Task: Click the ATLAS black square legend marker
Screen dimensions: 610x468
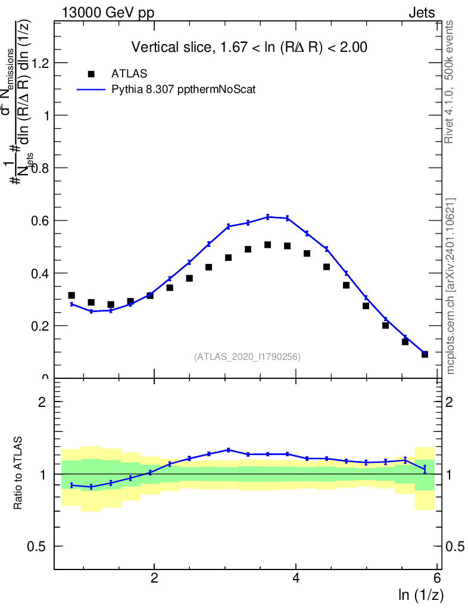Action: pos(91,74)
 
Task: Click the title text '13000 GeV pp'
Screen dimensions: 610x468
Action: pos(108,13)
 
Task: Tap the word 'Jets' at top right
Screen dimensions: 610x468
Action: pos(422,13)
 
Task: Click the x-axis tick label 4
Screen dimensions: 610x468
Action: pos(296,578)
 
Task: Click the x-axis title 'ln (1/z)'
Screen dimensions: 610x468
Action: pos(420,595)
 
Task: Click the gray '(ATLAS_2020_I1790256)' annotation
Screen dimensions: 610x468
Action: pos(247,357)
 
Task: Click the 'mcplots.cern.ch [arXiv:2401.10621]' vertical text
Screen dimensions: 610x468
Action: pos(451,286)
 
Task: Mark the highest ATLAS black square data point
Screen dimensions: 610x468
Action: pos(268,245)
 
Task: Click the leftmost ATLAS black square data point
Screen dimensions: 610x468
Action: pos(71,295)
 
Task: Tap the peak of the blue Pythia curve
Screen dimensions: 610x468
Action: pos(268,216)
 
